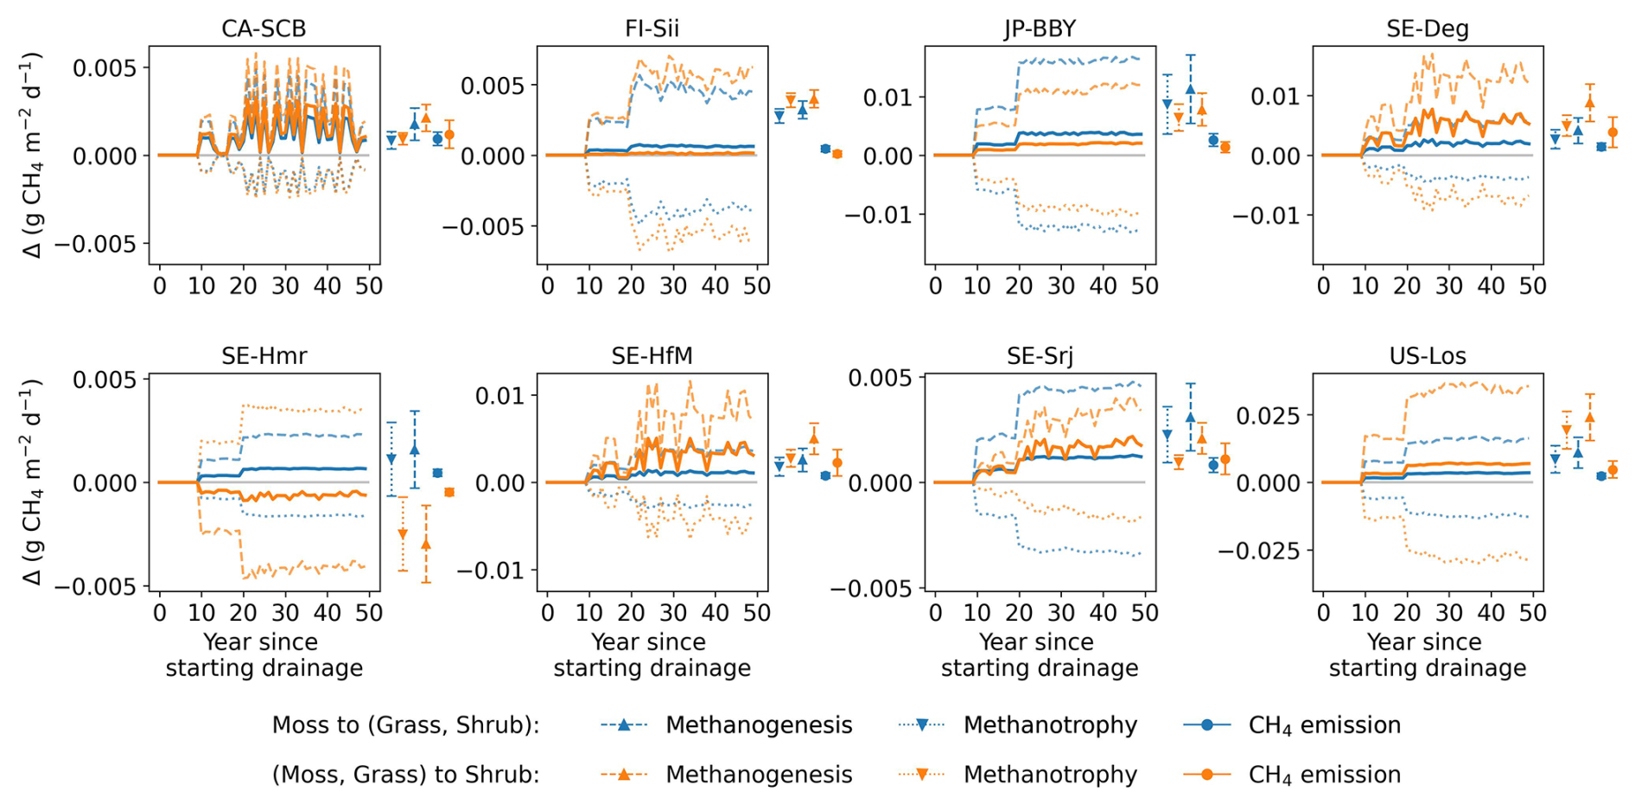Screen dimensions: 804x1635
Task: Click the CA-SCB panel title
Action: pos(264,29)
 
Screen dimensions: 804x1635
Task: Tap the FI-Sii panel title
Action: pos(652,29)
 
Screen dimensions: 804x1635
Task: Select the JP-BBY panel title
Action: pos(1040,29)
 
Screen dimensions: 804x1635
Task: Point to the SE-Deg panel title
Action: pos(1428,29)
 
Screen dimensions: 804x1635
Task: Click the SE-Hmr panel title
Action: pos(264,355)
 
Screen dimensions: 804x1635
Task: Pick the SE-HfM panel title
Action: pos(652,355)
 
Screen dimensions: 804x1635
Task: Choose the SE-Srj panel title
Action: pos(1040,355)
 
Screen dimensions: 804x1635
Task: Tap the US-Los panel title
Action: pos(1428,355)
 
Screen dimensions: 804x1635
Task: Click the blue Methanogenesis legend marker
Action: pos(624,724)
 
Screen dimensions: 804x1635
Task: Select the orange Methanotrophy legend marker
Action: pos(922,775)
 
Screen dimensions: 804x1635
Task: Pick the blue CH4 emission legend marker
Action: pos(1206,724)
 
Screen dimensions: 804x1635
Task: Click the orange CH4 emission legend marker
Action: pos(1206,775)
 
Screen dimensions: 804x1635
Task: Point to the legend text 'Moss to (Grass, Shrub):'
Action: pos(405,724)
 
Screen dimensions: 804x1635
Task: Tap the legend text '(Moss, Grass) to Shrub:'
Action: pos(405,775)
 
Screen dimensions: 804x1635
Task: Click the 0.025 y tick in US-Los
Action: pos(1268,416)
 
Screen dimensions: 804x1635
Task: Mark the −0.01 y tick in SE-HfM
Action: pos(487,570)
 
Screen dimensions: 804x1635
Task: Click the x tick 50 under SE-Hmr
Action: pos(369,613)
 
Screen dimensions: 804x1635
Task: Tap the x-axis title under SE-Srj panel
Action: pos(1040,655)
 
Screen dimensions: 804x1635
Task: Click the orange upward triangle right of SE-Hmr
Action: pos(425,545)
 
